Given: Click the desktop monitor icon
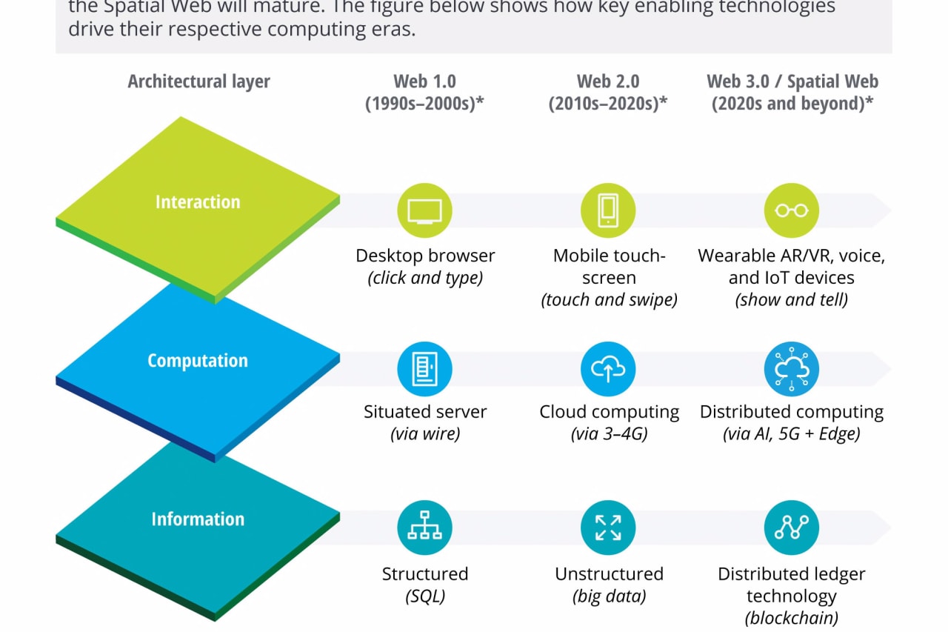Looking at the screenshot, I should pyautogui.click(x=424, y=210).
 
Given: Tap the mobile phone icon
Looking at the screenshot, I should pyautogui.click(x=608, y=210).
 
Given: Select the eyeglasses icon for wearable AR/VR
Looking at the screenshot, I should pyautogui.click(x=791, y=210).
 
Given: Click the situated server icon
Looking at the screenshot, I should pyautogui.click(x=424, y=368).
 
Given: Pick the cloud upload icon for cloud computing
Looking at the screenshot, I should pyautogui.click(x=608, y=368).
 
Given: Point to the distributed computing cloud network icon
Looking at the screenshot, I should pyautogui.click(x=791, y=368).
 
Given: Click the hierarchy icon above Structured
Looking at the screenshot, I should pyautogui.click(x=424, y=527).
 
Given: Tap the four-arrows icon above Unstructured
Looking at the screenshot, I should pyautogui.click(x=608, y=527).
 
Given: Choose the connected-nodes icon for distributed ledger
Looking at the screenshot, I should pyautogui.click(x=791, y=527).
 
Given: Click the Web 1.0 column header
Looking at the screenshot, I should pyautogui.click(x=424, y=93).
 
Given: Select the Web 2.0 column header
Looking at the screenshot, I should pyautogui.click(x=608, y=93).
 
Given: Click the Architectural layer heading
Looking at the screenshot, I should pyautogui.click(x=198, y=82).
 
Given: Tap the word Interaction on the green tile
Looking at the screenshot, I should pyautogui.click(x=198, y=202).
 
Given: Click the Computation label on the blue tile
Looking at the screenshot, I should pyautogui.click(x=197, y=361).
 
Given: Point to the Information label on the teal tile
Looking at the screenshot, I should pyautogui.click(x=198, y=519).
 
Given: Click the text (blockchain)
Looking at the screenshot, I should pyautogui.click(x=791, y=618).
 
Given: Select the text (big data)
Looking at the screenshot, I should pyautogui.click(x=609, y=596).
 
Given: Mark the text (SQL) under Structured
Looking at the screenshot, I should pyautogui.click(x=424, y=596).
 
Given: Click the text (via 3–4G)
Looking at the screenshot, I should pyautogui.click(x=609, y=433).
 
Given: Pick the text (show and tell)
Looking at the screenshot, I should pyautogui.click(x=791, y=300).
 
